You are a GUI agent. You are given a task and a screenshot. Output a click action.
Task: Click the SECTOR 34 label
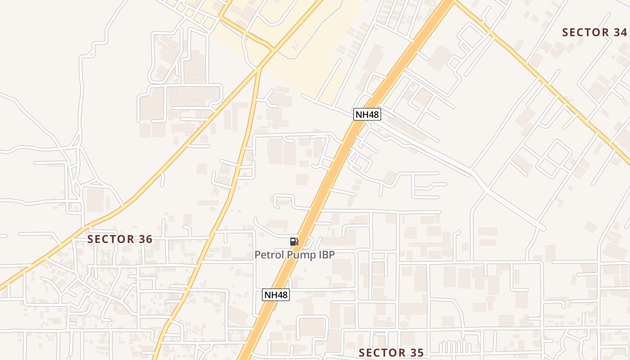[x=594, y=32]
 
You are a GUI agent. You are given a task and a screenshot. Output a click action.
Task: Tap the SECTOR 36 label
[x=120, y=239]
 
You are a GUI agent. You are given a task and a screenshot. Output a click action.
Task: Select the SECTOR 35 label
[x=391, y=353]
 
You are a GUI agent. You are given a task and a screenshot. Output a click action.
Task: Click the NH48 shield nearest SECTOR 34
[x=367, y=114]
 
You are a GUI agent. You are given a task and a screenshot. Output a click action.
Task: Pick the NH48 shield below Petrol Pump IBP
[x=275, y=295]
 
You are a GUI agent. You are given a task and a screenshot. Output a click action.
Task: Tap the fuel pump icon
[x=294, y=242]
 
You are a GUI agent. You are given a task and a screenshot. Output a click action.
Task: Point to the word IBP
[x=326, y=255]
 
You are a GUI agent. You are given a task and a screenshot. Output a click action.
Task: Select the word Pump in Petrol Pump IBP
[x=300, y=255]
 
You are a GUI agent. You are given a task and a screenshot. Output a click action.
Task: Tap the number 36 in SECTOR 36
[x=145, y=239]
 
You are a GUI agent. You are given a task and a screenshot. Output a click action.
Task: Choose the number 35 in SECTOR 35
[x=416, y=353]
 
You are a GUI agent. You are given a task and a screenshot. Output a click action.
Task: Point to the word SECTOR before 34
[x=583, y=32]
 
